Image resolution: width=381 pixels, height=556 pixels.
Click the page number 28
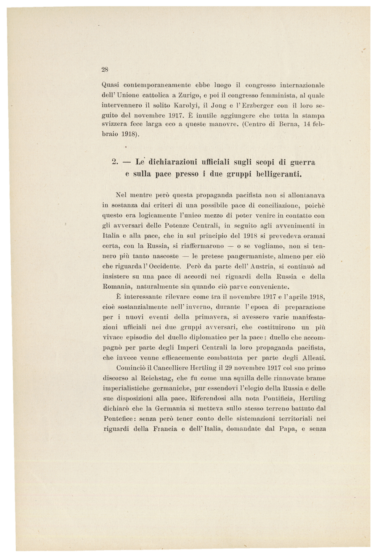tap(105, 69)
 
